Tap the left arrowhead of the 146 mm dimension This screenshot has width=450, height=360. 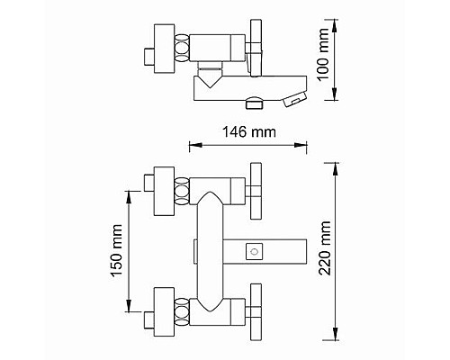pyautogui.click(x=189, y=143)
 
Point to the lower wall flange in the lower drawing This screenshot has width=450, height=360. pyautogui.click(x=164, y=308)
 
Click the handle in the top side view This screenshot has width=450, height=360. pyautogui.click(x=256, y=49)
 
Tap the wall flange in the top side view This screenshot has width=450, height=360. pyautogui.click(x=164, y=48)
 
